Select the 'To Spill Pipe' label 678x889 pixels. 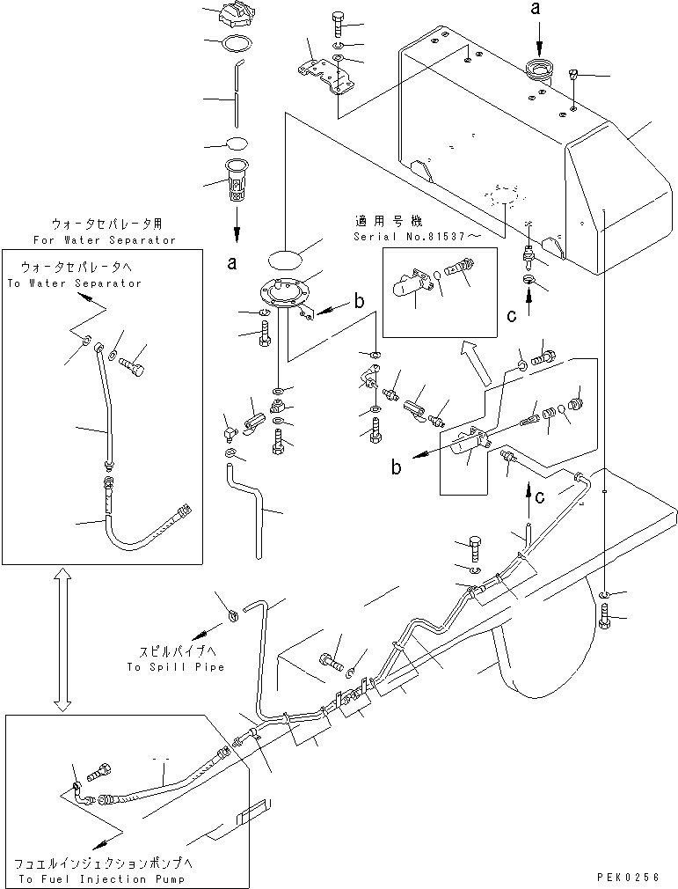175,667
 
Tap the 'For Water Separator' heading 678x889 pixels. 104,239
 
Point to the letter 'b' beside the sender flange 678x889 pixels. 358,301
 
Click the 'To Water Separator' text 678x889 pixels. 74,283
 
